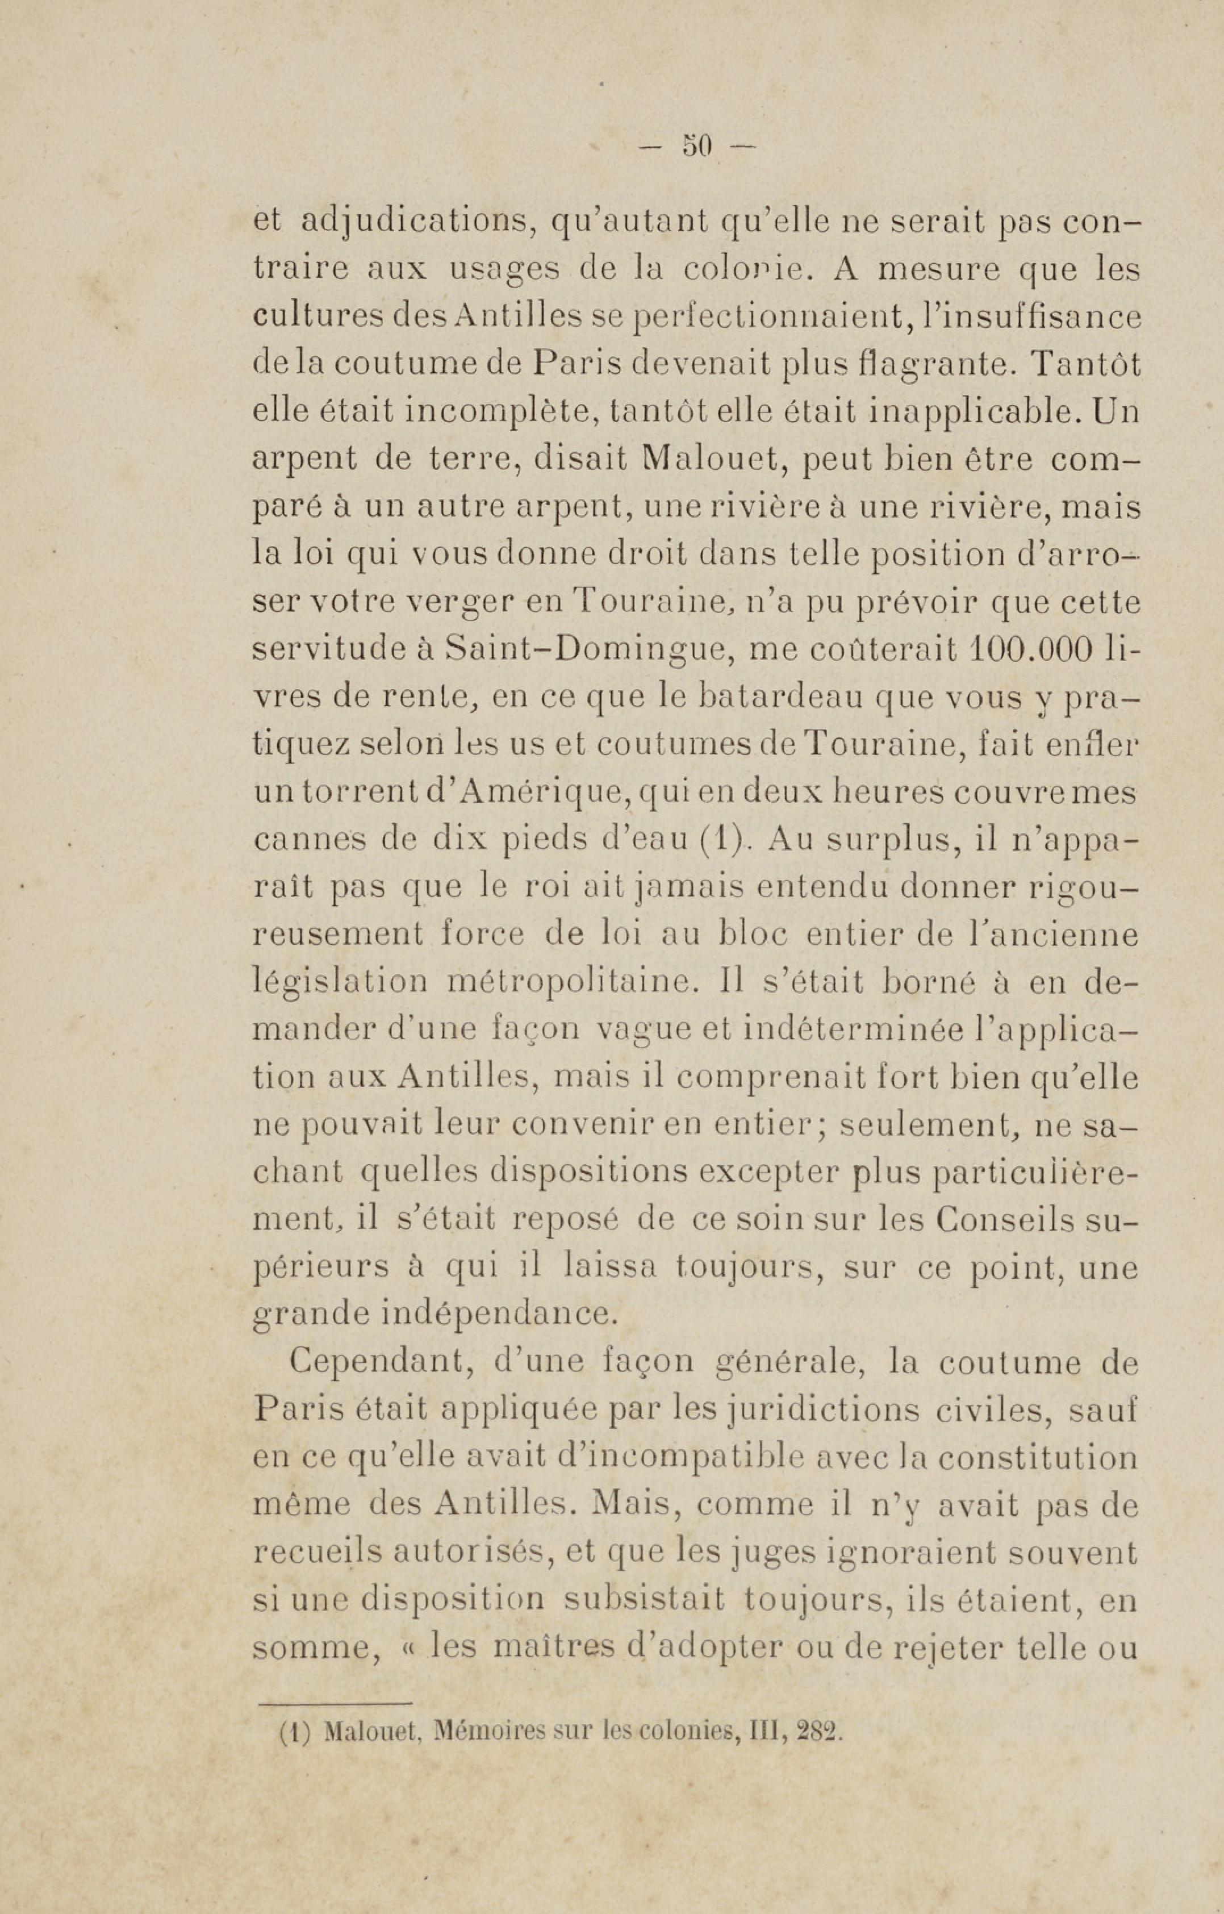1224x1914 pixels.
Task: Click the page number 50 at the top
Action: (x=698, y=146)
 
